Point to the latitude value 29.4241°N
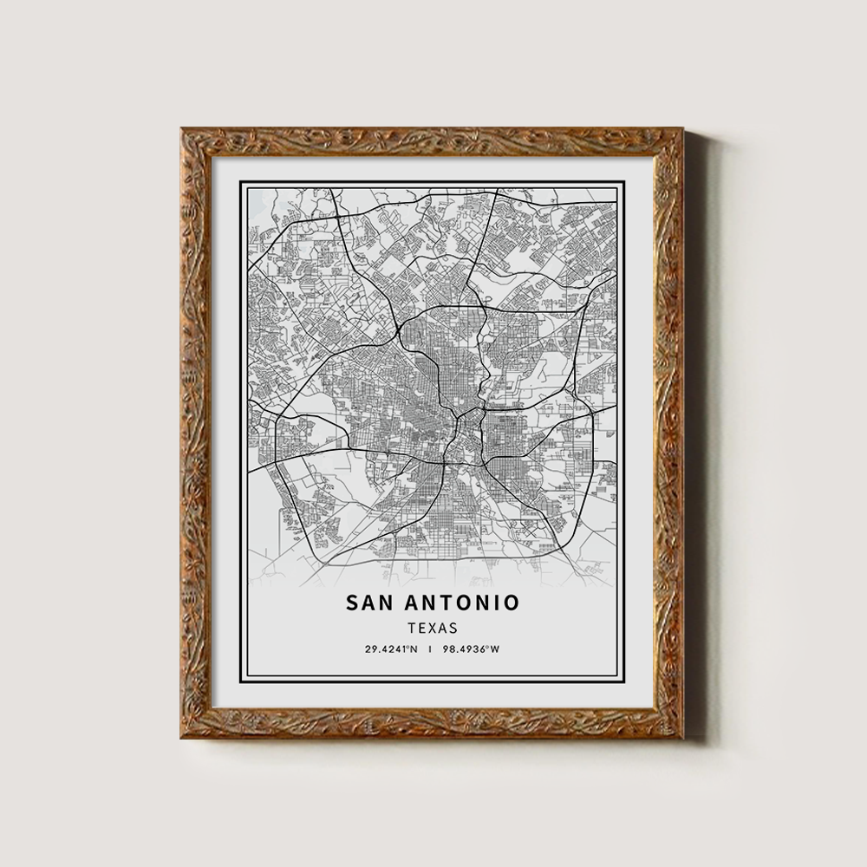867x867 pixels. point(391,649)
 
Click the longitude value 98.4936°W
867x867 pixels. point(470,649)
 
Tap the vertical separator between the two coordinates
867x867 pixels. point(430,649)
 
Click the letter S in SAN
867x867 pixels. point(352,602)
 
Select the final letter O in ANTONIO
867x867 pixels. point(512,602)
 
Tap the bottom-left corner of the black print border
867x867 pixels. point(241,682)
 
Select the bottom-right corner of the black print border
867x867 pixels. point(623,682)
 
